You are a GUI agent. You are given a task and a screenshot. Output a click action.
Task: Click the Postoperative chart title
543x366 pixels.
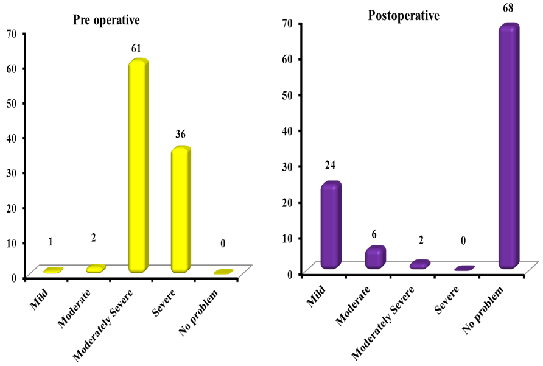403,16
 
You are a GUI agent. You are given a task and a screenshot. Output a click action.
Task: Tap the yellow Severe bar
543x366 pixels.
180,210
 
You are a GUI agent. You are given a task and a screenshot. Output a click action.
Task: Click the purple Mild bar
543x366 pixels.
331,225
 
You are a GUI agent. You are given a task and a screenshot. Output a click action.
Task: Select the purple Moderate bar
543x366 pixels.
375,257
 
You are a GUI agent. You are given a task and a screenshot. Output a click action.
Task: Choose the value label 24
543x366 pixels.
331,166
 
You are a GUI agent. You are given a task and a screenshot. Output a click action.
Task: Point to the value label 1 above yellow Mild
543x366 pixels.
50,242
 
